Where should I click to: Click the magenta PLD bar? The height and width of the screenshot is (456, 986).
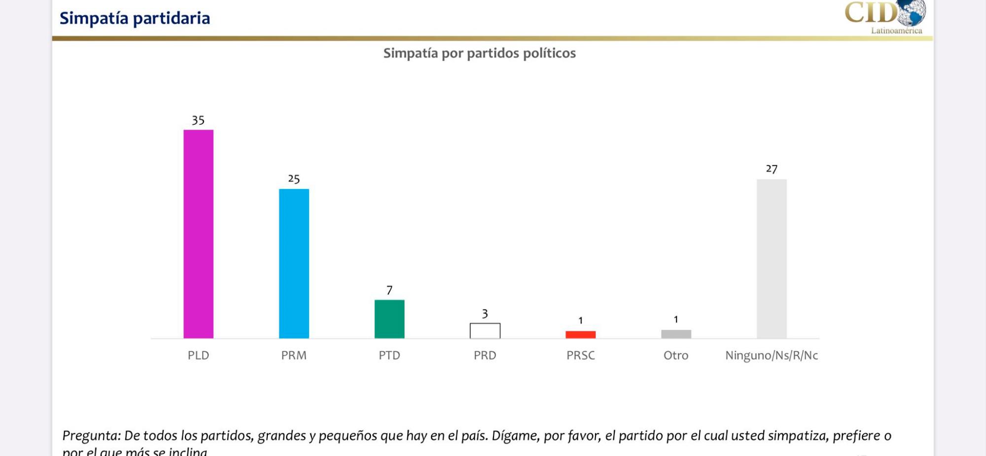(x=198, y=234)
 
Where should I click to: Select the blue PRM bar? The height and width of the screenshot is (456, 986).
(x=294, y=264)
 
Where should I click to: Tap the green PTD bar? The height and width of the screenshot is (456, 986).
(x=389, y=319)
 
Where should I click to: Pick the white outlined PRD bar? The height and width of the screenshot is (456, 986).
(x=485, y=331)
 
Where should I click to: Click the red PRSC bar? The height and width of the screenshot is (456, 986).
(x=580, y=335)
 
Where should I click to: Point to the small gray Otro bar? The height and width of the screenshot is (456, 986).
(x=676, y=334)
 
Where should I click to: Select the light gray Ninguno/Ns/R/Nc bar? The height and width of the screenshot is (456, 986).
(x=772, y=259)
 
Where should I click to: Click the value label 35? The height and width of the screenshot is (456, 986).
(x=198, y=120)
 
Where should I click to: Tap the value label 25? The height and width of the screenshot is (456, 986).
(x=294, y=179)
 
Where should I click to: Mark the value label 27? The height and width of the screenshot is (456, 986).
(x=772, y=169)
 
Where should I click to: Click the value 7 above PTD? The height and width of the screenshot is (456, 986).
(x=389, y=290)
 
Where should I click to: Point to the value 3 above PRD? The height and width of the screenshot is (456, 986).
(x=485, y=314)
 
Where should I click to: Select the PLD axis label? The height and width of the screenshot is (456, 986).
(x=198, y=355)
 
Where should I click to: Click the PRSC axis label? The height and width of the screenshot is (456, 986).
(x=580, y=355)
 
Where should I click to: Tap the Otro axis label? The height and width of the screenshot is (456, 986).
(x=676, y=355)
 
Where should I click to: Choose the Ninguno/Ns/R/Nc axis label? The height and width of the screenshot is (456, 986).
(x=772, y=355)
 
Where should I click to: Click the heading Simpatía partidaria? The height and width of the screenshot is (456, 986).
(x=135, y=18)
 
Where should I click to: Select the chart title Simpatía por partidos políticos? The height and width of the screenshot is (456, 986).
(x=479, y=53)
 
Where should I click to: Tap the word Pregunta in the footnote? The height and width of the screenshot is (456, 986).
(x=90, y=436)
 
